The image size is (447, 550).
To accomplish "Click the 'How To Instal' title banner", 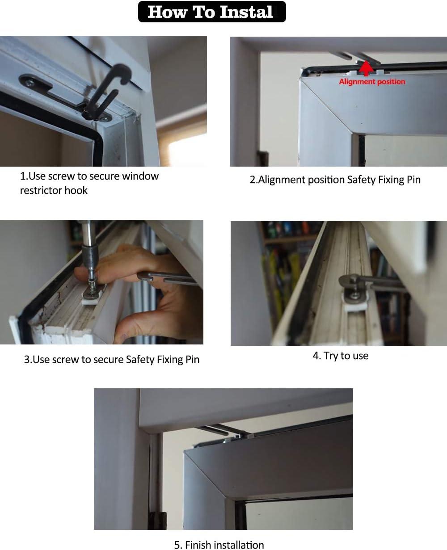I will coord(211,12).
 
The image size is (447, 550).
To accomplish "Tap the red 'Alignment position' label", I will coord(372,82).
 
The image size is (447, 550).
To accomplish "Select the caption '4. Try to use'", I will coord(340,356).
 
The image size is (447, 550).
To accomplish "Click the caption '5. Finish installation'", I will coord(219,544).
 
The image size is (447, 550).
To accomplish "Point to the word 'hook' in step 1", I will coord(76,190).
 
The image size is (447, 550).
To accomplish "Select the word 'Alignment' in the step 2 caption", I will coord(282,180).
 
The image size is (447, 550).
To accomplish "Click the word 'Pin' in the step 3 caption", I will coord(192,360).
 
